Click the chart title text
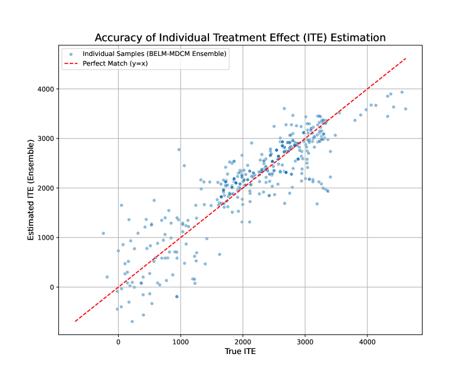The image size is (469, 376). (x=240, y=38)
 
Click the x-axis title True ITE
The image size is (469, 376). (x=240, y=351)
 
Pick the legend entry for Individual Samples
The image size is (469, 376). (x=154, y=53)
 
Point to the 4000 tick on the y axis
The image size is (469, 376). (x=44, y=89)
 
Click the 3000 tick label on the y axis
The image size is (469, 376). (x=44, y=138)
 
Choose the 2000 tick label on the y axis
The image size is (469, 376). (x=44, y=188)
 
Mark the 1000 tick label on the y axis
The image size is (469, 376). (x=44, y=238)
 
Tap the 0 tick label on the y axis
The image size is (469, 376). (x=50, y=287)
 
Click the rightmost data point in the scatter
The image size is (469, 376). (x=406, y=109)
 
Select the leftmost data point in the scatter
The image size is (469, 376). (x=104, y=233)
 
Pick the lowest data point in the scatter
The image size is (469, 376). (x=132, y=321)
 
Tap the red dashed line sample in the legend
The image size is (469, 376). (x=71, y=64)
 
